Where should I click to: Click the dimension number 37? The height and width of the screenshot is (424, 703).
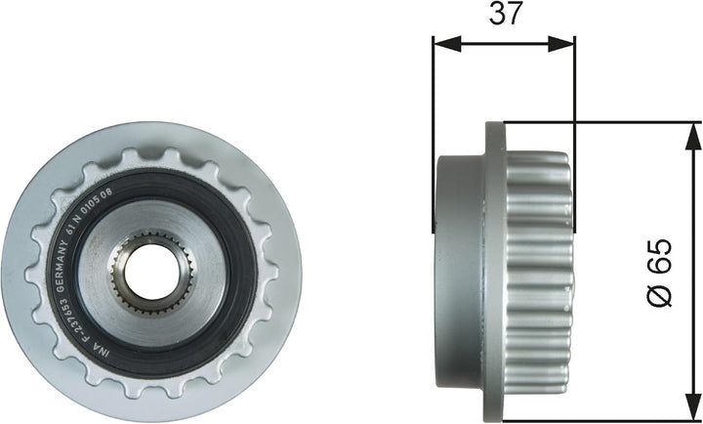point(505,15)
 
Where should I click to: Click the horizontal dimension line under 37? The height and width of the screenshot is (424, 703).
point(504,43)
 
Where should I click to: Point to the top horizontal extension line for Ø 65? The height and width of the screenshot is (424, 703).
point(605,122)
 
